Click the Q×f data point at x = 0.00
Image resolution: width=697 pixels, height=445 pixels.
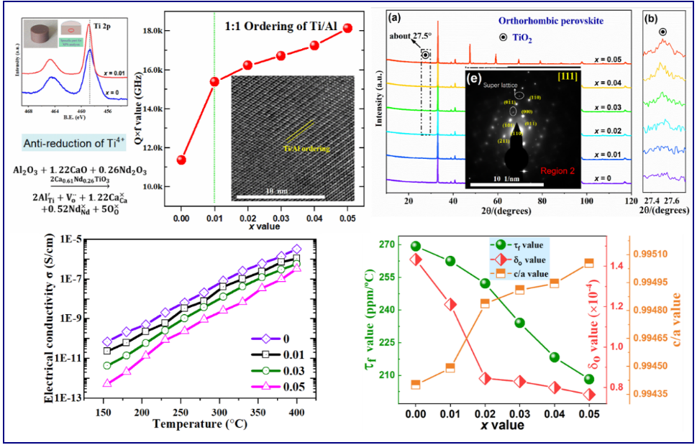pos(182,160)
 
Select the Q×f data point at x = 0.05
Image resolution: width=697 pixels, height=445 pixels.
pos(348,28)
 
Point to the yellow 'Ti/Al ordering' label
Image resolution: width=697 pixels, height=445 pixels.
pos(306,148)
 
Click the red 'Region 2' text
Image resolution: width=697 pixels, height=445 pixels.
pos(555,170)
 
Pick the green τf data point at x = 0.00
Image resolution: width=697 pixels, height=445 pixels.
pos(416,246)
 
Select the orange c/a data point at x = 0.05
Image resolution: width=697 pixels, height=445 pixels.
pos(588,263)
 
